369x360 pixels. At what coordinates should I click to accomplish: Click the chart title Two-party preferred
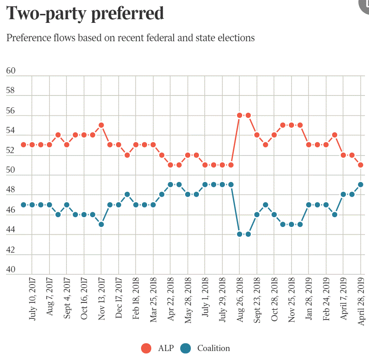[85, 13]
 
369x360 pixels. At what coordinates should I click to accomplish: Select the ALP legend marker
[146, 348]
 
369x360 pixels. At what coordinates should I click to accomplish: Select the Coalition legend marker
[186, 348]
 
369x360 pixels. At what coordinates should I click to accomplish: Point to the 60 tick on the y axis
[11, 71]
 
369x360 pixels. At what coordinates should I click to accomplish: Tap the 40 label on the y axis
[11, 270]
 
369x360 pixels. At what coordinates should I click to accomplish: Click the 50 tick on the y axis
[11, 171]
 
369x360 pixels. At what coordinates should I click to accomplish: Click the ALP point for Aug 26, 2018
[240, 115]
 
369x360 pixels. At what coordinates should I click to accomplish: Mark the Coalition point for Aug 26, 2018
[240, 234]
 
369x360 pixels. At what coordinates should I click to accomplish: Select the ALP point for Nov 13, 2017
[101, 125]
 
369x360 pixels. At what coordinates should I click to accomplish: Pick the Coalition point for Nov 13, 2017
[101, 224]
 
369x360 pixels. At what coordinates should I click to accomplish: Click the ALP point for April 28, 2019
[361, 164]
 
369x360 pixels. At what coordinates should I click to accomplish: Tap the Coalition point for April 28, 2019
[361, 184]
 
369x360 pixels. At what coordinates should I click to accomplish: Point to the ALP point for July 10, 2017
[24, 144]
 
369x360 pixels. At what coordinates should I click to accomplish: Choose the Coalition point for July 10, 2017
[24, 204]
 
